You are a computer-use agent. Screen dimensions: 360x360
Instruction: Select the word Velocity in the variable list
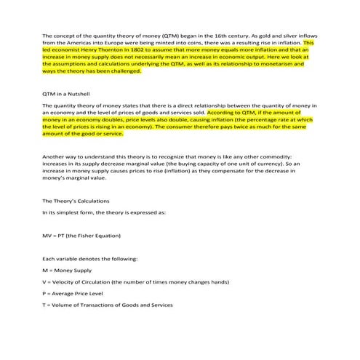(65, 281)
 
